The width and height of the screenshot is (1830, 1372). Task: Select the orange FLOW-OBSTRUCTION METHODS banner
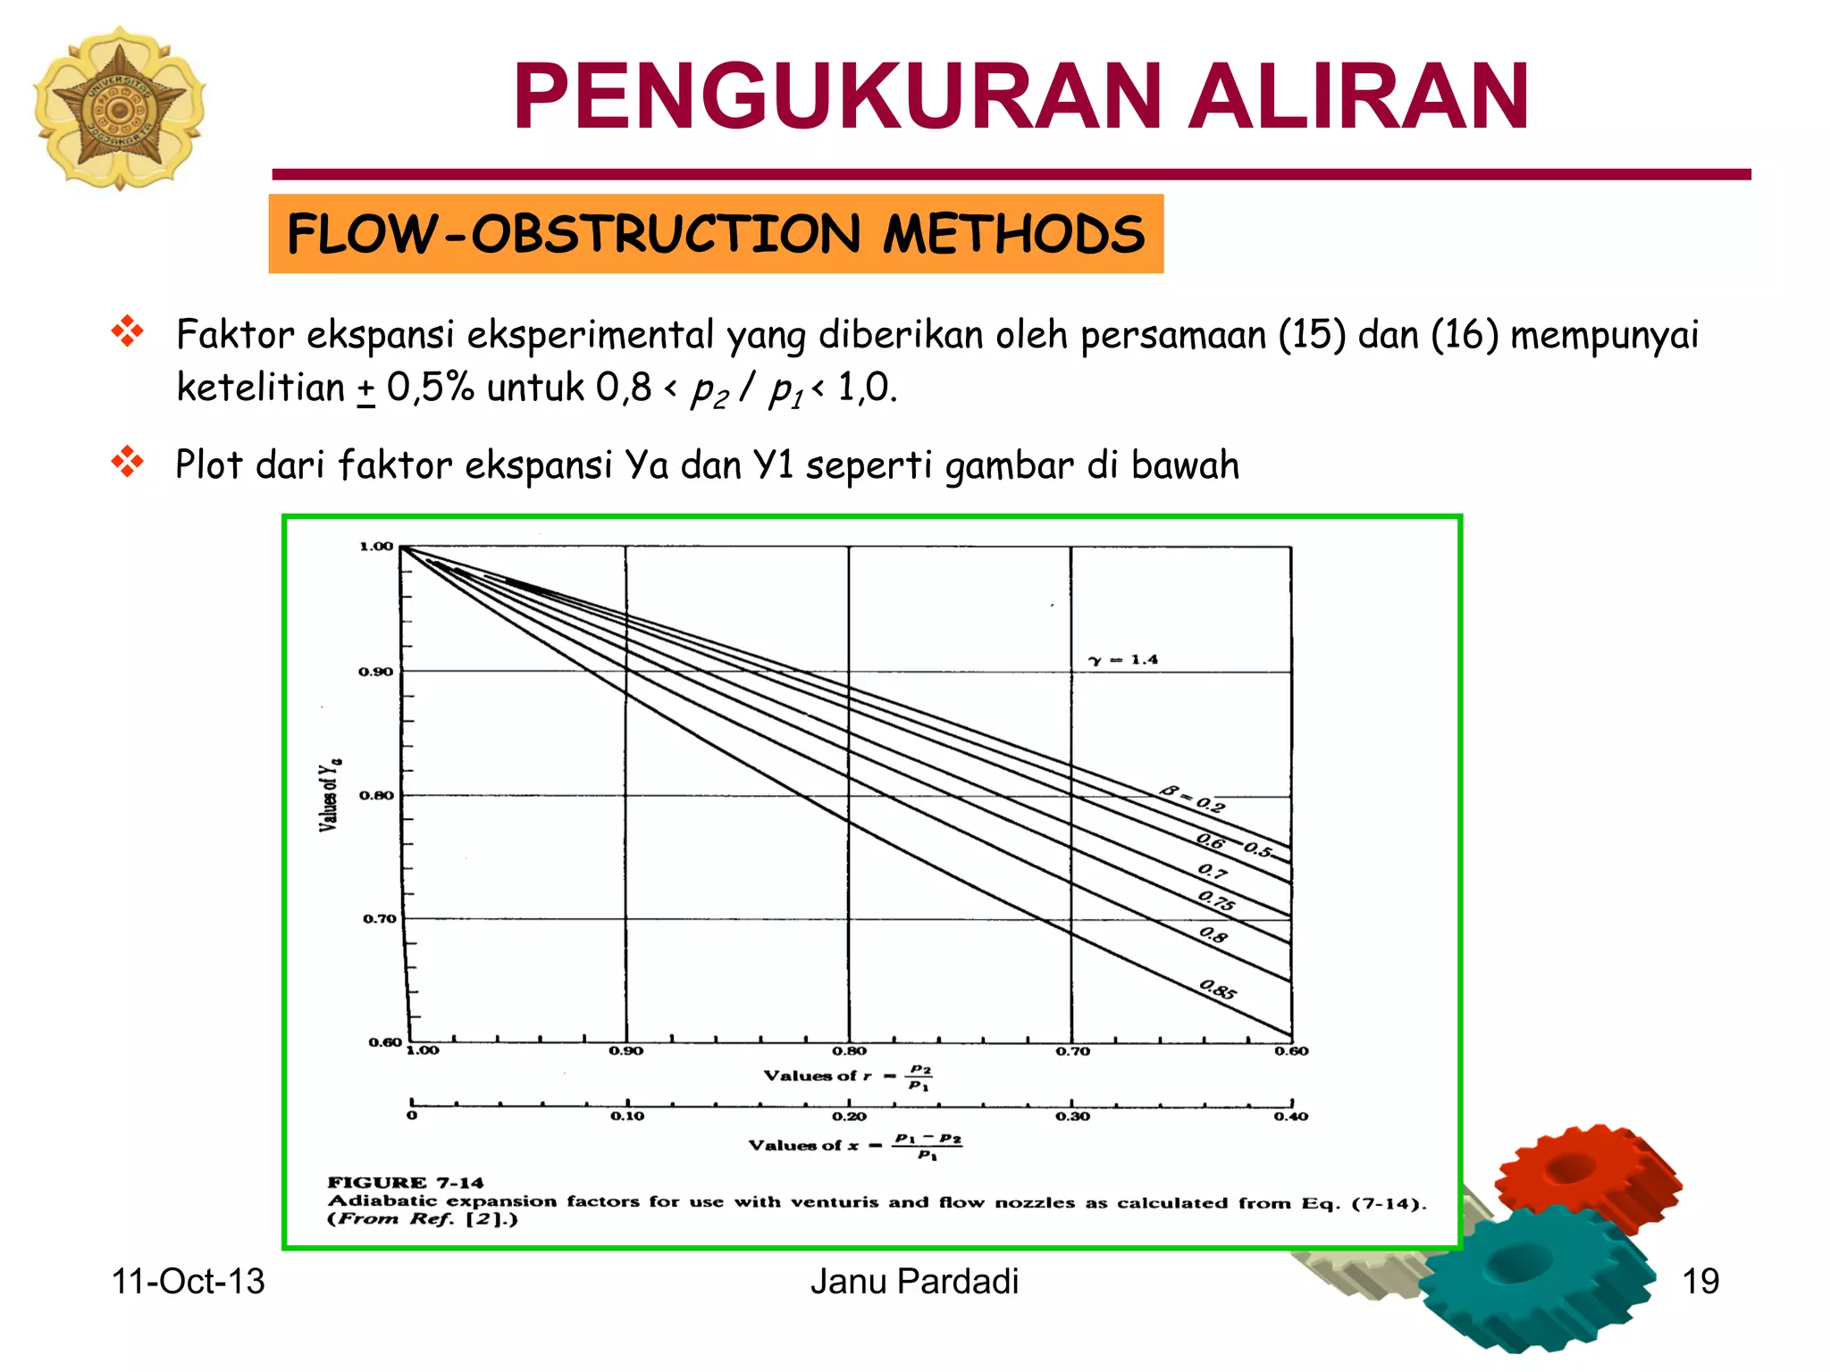click(x=715, y=234)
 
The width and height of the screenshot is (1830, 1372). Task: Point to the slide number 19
click(x=1700, y=1282)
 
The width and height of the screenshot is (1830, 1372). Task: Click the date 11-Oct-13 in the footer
click(x=188, y=1282)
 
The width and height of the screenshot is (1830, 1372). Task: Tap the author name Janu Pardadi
click(x=914, y=1282)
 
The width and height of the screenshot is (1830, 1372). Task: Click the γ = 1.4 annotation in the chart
click(x=1123, y=660)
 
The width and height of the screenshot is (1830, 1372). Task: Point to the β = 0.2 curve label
click(x=1193, y=799)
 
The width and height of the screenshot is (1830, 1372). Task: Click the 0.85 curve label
click(x=1218, y=990)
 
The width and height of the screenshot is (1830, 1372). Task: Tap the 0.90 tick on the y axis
click(x=375, y=672)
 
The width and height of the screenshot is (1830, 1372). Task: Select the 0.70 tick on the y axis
click(x=379, y=918)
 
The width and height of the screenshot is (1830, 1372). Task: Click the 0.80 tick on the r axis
click(x=849, y=1051)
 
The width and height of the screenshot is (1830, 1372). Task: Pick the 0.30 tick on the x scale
click(x=1072, y=1117)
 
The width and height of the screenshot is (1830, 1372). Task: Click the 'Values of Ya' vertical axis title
click(x=329, y=796)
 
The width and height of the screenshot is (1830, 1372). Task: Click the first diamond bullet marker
click(x=128, y=331)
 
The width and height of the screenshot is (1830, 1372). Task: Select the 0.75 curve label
click(x=1216, y=900)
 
